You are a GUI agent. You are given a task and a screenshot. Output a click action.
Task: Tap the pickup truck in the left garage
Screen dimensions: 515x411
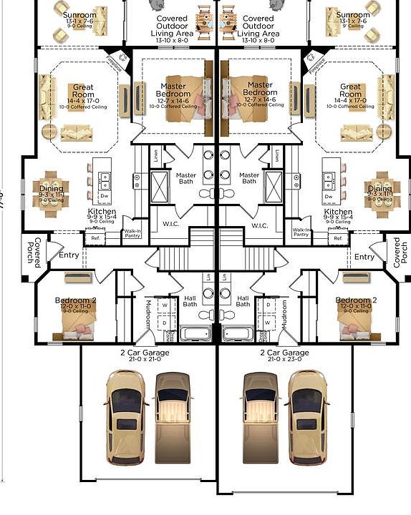[172, 415]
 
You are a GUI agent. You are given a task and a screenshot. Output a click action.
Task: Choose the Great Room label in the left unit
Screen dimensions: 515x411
[83, 92]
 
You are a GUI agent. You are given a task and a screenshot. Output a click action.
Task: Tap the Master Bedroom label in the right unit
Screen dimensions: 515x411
[259, 90]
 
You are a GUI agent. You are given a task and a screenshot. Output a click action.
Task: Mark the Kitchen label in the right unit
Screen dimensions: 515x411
[338, 212]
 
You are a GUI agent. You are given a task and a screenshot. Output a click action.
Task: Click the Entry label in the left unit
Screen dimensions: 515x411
[69, 255]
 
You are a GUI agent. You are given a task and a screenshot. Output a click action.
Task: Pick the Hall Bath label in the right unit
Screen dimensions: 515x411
[243, 301]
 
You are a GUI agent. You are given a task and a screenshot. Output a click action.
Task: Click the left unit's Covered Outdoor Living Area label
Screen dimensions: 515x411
[172, 26]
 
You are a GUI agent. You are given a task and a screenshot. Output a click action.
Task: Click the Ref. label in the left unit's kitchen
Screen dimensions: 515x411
[95, 238]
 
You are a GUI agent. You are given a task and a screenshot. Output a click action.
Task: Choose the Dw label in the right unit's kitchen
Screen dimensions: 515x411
[329, 196]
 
